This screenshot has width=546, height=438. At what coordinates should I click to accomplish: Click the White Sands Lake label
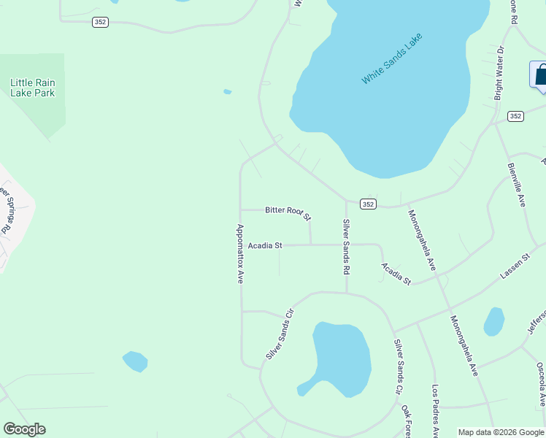[392, 58]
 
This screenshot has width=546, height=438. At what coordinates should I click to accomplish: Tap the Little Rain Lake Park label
[33, 88]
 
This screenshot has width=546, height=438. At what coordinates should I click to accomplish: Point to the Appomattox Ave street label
[239, 253]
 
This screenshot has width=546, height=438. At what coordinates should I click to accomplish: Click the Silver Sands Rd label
[346, 246]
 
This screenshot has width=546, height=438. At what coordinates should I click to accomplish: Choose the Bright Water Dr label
[499, 73]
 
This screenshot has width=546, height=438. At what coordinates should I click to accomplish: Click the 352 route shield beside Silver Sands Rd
[368, 204]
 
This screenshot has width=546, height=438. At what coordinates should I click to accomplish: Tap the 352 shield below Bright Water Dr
[515, 116]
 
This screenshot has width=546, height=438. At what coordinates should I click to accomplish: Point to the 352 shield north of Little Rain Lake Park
[100, 23]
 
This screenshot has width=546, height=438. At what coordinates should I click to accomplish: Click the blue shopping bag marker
[540, 75]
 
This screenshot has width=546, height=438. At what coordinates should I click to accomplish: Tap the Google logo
[24, 429]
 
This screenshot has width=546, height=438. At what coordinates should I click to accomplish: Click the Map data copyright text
[501, 432]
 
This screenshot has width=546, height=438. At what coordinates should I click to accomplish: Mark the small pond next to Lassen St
[494, 321]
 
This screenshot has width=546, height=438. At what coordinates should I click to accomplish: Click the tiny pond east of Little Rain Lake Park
[228, 92]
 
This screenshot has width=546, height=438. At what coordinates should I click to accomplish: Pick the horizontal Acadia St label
[265, 246]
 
